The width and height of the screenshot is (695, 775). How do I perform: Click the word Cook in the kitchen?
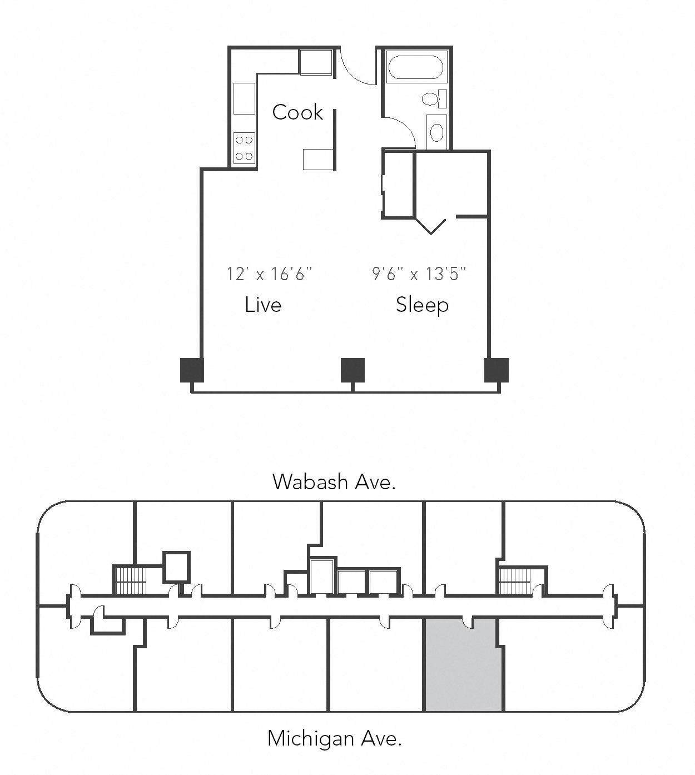pyautogui.click(x=297, y=112)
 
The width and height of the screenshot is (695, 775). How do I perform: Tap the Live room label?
pyautogui.click(x=263, y=305)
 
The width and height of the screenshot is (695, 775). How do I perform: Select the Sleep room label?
pyautogui.click(x=422, y=305)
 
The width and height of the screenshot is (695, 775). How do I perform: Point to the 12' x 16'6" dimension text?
pyautogui.click(x=270, y=274)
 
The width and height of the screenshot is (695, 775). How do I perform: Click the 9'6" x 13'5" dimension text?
pyautogui.click(x=419, y=274)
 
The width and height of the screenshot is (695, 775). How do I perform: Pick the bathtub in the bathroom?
pyautogui.click(x=416, y=67)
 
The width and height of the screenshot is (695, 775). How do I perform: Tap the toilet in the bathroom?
pyautogui.click(x=433, y=99)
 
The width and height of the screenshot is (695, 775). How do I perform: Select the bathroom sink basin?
pyautogui.click(x=437, y=132)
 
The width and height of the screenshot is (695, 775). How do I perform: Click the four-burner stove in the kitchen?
pyautogui.click(x=244, y=148)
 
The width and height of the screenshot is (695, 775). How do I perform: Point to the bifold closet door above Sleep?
pyautogui.click(x=431, y=226)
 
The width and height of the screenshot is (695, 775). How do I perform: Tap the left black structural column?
pyautogui.click(x=192, y=370)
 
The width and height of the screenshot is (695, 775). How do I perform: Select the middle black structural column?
pyautogui.click(x=353, y=370)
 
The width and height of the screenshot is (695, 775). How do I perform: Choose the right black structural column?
pyautogui.click(x=496, y=370)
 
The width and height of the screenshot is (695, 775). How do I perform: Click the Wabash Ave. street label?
pyautogui.click(x=334, y=481)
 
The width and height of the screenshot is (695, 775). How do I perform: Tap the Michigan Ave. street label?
pyautogui.click(x=334, y=738)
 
